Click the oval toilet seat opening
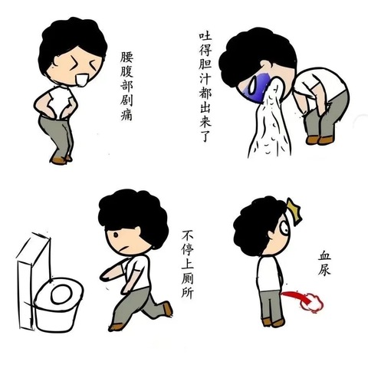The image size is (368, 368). [x=61, y=294]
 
